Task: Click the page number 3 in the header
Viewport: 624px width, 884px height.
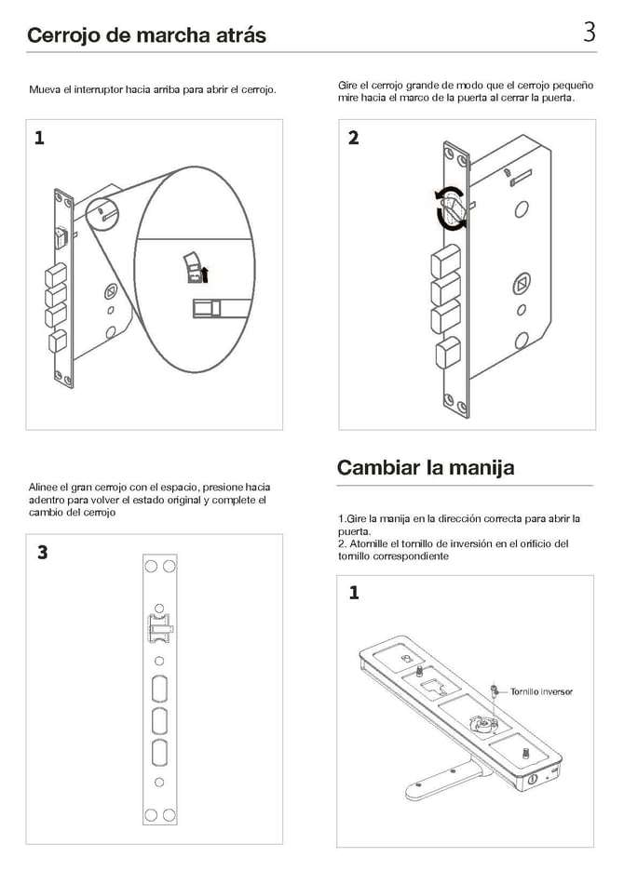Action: pos(589,33)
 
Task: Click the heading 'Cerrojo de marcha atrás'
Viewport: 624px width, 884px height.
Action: pos(146,35)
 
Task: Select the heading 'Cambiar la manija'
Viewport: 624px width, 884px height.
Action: pos(425,466)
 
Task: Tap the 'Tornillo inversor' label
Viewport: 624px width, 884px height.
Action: pos(540,691)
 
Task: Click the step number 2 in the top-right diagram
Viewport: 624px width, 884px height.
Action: pos(353,139)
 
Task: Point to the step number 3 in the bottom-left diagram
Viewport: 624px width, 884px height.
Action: pos(42,552)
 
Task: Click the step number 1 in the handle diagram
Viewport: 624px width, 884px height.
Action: pos(353,593)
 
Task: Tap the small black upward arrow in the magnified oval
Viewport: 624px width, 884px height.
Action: pos(205,274)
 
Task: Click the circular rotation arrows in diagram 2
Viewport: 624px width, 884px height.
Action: pos(452,208)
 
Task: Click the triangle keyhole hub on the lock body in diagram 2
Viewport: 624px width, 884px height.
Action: pos(522,283)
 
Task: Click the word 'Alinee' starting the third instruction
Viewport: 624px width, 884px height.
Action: pos(44,487)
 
